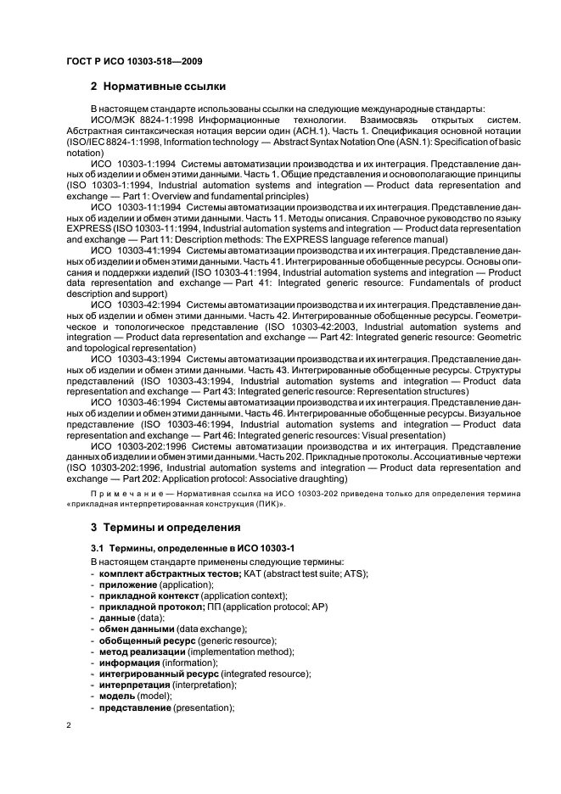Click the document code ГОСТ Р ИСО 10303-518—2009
tap(133, 61)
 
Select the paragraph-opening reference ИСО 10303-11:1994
tap(137, 206)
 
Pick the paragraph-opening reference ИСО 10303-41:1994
tap(137, 250)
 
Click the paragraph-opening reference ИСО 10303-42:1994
tap(137, 305)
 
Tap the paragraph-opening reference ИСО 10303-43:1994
tap(137, 360)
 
